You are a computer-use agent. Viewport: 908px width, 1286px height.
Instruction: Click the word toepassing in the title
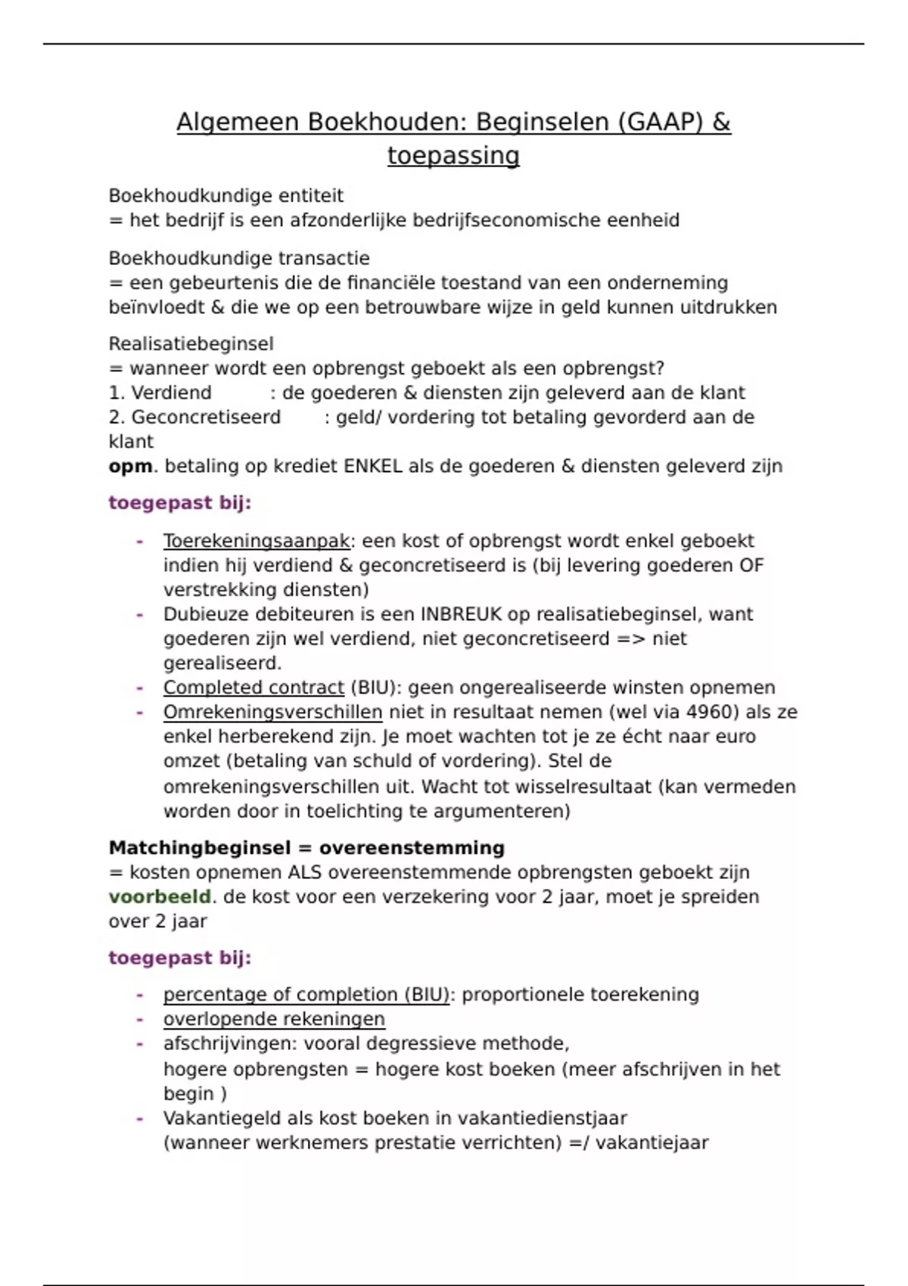point(453,156)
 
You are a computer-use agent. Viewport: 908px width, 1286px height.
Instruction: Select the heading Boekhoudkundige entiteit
point(225,196)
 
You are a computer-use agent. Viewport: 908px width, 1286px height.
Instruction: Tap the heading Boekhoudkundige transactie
point(239,259)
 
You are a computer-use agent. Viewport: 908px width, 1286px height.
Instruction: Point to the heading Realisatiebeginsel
point(191,344)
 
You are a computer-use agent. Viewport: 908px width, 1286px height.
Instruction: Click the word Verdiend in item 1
point(171,393)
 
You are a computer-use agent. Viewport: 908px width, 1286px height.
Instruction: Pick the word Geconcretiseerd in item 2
point(206,418)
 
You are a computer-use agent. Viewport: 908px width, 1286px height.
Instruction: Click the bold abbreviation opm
point(130,467)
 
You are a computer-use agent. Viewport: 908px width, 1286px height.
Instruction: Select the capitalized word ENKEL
point(372,467)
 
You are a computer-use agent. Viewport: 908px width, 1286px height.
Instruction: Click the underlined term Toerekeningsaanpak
point(257,542)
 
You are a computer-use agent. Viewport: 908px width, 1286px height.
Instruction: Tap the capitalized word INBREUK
point(462,614)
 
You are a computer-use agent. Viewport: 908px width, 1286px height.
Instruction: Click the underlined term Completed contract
point(253,688)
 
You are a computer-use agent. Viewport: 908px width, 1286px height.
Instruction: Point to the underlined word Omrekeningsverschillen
point(272,713)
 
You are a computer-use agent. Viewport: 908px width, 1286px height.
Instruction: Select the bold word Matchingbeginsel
point(199,848)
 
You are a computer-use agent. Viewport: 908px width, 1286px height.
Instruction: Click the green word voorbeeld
point(160,897)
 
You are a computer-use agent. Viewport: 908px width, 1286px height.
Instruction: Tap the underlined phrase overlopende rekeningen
point(274,1020)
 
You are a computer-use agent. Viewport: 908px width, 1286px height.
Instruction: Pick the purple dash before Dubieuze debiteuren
point(140,614)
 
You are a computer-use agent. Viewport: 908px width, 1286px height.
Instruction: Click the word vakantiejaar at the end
point(651,1143)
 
